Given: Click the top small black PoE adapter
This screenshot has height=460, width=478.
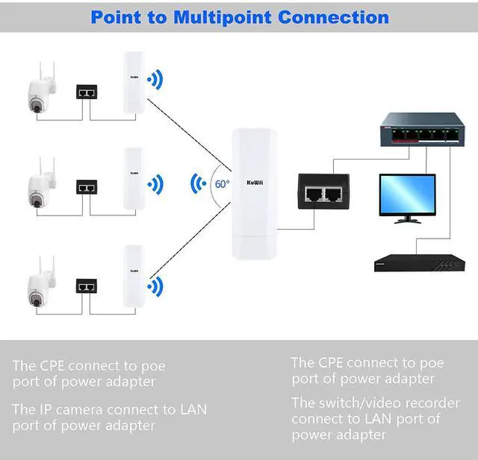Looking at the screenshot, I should tap(87, 92).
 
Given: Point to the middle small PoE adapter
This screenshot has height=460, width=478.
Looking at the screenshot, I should tap(87, 186).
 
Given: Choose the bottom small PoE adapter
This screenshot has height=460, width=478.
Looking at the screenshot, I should tap(87, 285).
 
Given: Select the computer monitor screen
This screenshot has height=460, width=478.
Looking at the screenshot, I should tap(406, 195).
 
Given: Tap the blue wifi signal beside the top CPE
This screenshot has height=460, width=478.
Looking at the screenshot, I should tap(155, 80).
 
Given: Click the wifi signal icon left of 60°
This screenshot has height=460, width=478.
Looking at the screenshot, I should tap(198, 183).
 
